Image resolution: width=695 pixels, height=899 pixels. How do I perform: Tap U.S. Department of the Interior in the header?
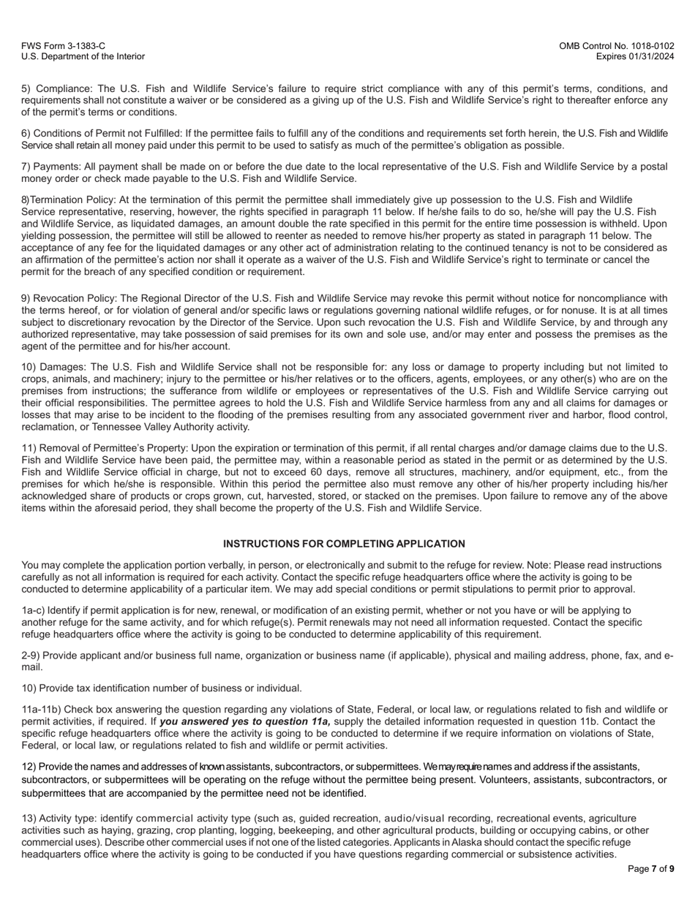point(83,56)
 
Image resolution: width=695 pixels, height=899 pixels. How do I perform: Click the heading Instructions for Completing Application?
point(344,544)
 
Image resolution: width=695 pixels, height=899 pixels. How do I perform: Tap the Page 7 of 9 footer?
point(651,869)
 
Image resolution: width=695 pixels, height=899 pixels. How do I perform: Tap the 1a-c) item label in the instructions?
point(34,610)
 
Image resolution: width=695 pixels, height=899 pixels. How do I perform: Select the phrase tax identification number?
point(137,688)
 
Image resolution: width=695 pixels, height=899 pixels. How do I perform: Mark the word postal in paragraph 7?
point(653,167)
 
